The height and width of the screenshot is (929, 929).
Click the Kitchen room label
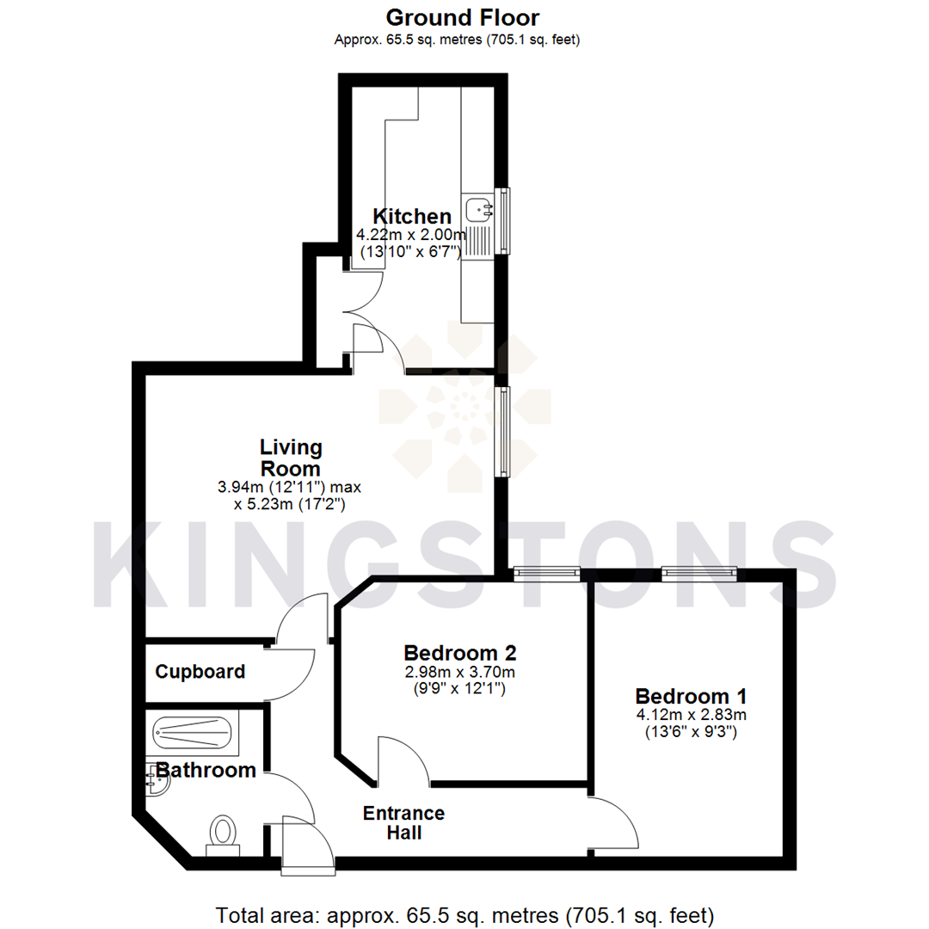411,216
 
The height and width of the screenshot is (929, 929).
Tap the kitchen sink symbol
477,208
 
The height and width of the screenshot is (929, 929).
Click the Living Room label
291,458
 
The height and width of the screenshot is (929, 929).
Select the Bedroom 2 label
460,653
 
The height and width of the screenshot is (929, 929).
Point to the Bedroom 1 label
691,696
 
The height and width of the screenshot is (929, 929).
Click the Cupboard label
200,672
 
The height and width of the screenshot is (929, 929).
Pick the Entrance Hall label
403,823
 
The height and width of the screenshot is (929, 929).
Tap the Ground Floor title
463,17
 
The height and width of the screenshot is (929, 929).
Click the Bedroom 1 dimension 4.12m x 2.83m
691,715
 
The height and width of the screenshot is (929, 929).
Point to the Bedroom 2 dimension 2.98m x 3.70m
460,672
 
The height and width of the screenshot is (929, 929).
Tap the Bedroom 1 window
699,571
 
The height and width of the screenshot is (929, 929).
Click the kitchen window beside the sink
505,221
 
